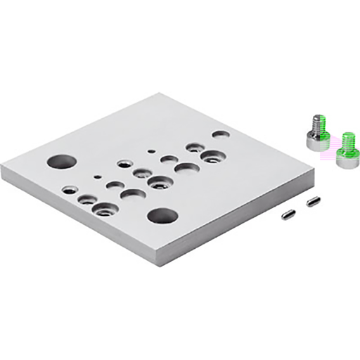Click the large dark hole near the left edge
click(x=61, y=161)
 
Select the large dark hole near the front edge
click(x=162, y=215)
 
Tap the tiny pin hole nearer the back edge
click(x=150, y=150)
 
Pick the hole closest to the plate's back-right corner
click(x=221, y=133)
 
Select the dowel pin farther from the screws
click(x=288, y=214)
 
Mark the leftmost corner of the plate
click(x=3, y=167)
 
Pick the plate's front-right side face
click(x=239, y=221)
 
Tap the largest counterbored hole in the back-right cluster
click(x=212, y=156)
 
